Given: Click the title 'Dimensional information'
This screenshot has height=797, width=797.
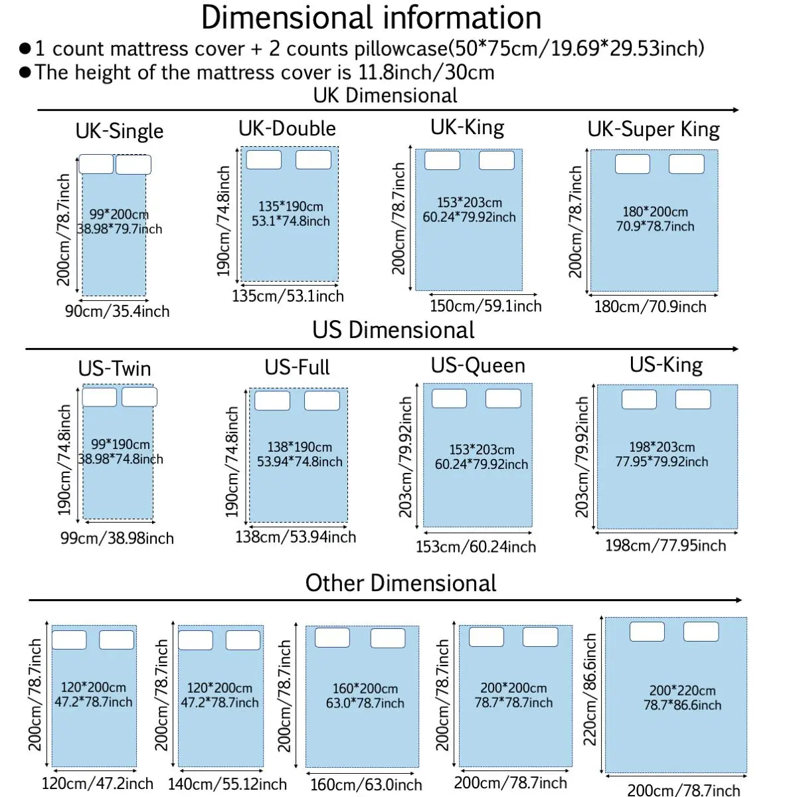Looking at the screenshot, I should (371, 18).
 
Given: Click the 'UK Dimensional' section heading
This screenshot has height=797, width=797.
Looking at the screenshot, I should (385, 96).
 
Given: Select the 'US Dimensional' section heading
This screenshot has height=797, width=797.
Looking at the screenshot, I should (393, 330).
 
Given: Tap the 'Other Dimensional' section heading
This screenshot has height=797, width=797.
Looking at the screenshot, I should (400, 583).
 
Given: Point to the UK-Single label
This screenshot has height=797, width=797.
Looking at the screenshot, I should (120, 131).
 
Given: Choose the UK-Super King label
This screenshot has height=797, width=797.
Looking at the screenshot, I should (654, 130).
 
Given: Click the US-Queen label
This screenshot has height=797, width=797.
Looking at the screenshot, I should (478, 365).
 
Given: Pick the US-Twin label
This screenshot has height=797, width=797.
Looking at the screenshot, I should (115, 369).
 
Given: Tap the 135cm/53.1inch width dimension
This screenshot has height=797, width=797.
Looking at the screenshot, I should (288, 296).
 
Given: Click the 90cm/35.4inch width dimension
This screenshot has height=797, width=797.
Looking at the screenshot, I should (117, 311).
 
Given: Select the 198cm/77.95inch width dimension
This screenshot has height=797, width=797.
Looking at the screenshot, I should (665, 546).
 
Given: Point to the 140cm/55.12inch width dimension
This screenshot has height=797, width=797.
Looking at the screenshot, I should (227, 784).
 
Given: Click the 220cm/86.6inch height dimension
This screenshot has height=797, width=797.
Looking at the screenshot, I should (590, 689).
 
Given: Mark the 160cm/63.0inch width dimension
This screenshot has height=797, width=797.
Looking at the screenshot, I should (366, 785).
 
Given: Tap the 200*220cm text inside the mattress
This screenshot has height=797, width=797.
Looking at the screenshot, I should (682, 691).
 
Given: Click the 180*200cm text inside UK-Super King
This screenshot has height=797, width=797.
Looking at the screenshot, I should (655, 212).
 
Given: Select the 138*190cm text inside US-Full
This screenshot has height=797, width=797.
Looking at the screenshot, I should (300, 447).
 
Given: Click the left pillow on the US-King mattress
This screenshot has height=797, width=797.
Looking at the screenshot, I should (639, 399).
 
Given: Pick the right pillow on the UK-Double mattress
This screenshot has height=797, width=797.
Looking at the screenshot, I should (313, 159).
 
